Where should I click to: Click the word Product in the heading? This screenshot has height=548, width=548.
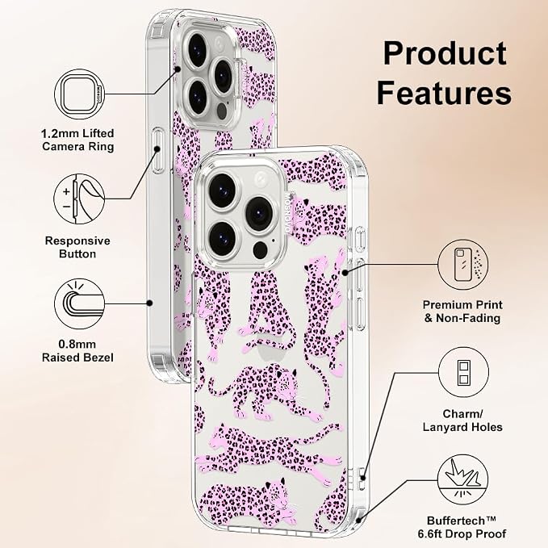[x=445, y=53]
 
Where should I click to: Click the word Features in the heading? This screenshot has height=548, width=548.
[x=444, y=93]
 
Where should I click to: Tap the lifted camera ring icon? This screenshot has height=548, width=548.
[x=80, y=94]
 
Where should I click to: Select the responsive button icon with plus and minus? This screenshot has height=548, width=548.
[x=79, y=199]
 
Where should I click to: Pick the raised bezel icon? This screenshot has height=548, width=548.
[x=80, y=304]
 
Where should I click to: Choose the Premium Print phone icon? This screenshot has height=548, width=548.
[x=463, y=265]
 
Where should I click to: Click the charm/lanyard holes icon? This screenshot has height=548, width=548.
[x=463, y=373]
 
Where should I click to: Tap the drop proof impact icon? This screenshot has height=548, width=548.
[x=463, y=479]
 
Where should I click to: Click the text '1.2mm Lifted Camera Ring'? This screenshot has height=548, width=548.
[x=77, y=140]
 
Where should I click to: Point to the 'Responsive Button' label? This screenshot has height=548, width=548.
[x=77, y=247]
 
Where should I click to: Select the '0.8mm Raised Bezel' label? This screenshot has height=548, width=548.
[x=77, y=351]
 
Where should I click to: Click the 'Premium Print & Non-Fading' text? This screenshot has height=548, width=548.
[x=462, y=312]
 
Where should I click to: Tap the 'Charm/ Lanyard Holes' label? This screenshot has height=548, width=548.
[x=462, y=420]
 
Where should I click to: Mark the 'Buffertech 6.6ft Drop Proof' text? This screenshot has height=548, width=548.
[x=462, y=527]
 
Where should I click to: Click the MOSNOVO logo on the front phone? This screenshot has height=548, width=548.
[x=289, y=214]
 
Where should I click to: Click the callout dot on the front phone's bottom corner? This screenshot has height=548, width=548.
[x=358, y=521]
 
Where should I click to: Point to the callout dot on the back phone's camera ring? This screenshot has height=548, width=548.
[x=178, y=69]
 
